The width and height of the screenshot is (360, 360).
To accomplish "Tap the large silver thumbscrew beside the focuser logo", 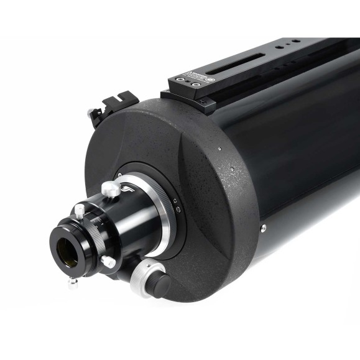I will [110, 188].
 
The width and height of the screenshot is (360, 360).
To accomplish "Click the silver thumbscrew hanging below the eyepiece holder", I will [73, 280].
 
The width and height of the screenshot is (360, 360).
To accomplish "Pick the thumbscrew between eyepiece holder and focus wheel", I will [108, 262].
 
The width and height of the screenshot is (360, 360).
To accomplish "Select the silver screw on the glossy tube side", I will [264, 228].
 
